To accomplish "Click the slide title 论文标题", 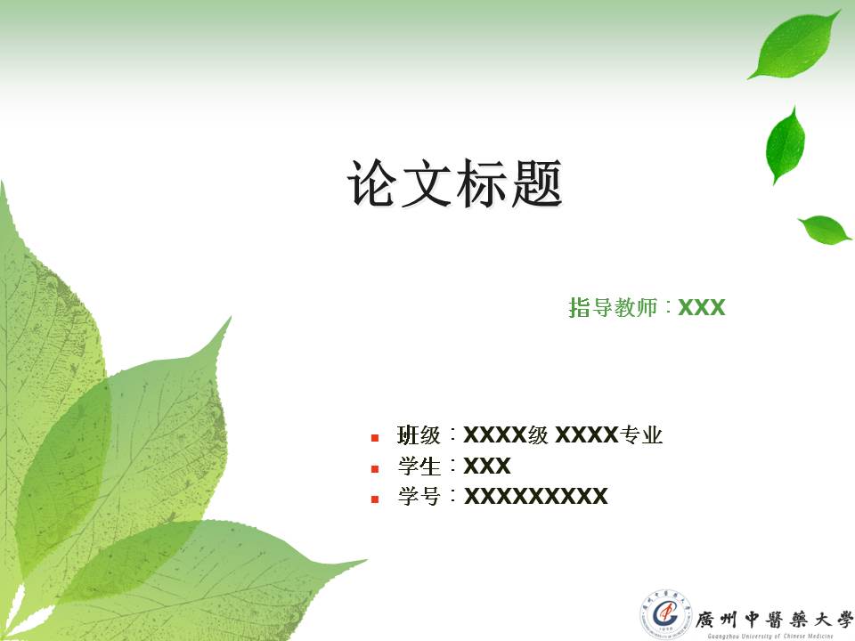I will [x=454, y=184].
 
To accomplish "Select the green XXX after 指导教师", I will [x=702, y=308].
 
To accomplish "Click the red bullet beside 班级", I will [x=375, y=437].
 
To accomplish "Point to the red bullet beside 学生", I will [x=375, y=467].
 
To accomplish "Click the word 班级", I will [x=419, y=436].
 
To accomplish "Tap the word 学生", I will [x=419, y=467].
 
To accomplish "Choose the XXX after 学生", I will [x=487, y=467].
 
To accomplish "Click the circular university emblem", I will [x=664, y=613].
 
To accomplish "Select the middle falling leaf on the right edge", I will [x=786, y=144].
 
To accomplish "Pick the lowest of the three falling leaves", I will [x=826, y=229].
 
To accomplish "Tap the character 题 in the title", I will [x=537, y=184].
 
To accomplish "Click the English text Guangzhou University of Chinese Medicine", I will [x=769, y=635].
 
